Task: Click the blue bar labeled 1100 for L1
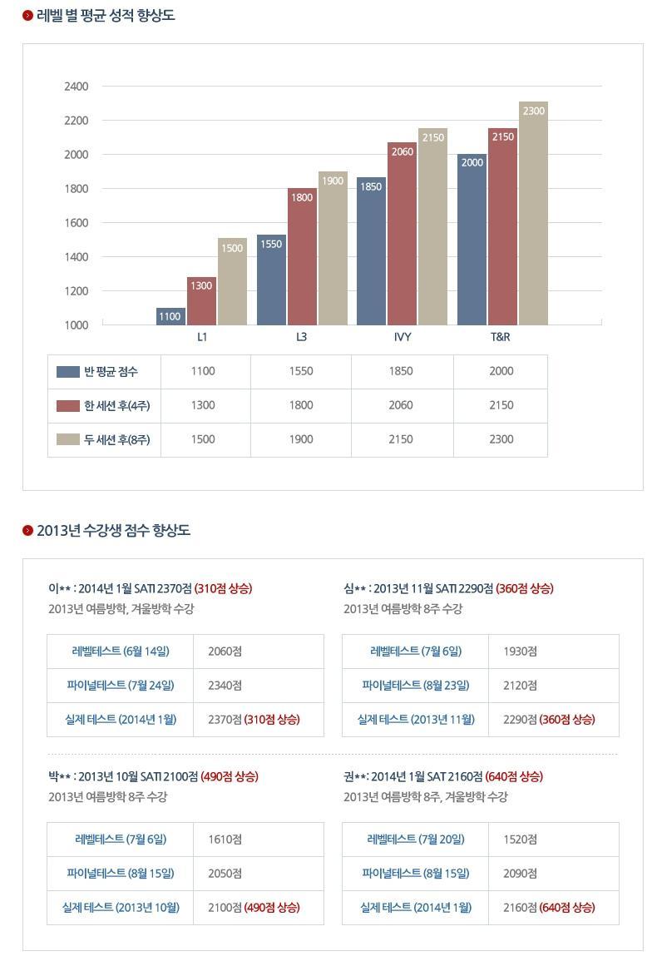coord(170,316)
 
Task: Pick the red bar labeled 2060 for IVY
coord(402,234)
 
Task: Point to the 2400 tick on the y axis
coord(76,87)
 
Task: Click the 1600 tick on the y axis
coord(76,223)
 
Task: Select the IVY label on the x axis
coord(403,337)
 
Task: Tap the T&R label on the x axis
coord(500,337)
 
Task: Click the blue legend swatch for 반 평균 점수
coord(68,372)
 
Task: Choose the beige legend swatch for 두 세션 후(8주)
coord(68,439)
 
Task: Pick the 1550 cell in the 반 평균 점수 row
coord(301,372)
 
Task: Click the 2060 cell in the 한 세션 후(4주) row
coord(401,405)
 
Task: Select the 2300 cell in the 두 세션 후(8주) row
coord(501,439)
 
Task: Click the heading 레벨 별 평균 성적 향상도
coord(106,15)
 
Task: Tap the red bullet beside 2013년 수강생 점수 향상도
coord(27,530)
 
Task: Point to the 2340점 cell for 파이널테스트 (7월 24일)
coord(225,686)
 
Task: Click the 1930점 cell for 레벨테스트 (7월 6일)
coord(520,651)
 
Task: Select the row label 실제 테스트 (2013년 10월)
coord(121,907)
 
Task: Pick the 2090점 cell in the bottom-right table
coord(520,873)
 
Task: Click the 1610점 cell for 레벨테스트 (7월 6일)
coord(225,840)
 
